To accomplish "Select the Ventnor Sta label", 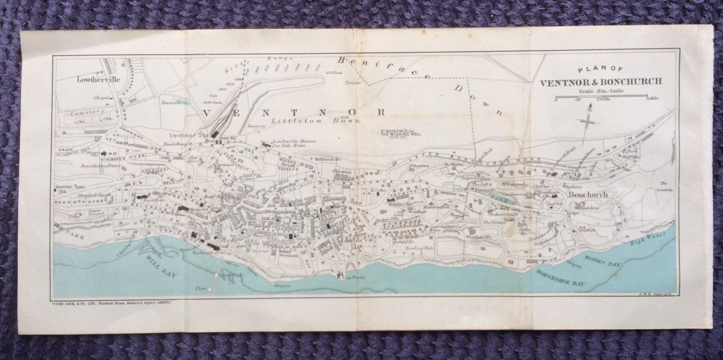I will tap(188, 134).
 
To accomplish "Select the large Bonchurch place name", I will tap(588, 195).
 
